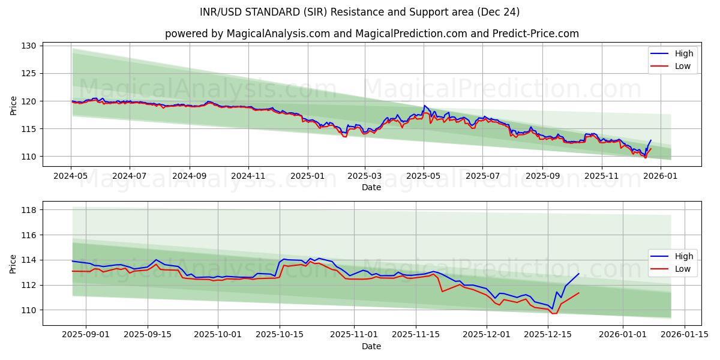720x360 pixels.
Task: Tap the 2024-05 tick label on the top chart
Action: point(71,176)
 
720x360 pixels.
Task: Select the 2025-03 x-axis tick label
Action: point(365,176)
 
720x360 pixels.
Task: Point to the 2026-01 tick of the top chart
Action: point(661,176)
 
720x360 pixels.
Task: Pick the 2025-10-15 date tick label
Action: point(279,335)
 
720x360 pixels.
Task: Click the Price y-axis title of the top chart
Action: point(14,106)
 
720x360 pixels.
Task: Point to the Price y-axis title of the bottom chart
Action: point(14,263)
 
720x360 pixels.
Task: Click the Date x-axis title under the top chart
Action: point(371,187)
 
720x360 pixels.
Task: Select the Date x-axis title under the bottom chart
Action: point(371,346)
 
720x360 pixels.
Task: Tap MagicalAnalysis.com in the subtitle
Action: point(278,34)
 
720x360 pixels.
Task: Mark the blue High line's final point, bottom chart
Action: point(579,274)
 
